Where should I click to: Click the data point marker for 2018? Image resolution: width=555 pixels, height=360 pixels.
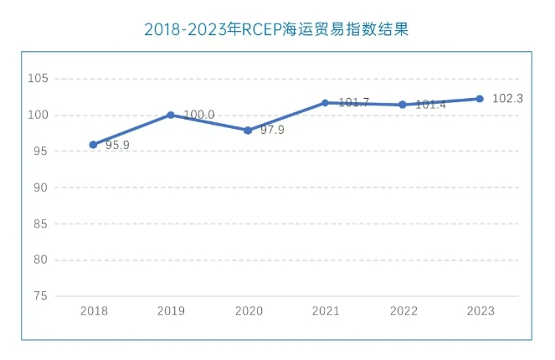tap(93, 145)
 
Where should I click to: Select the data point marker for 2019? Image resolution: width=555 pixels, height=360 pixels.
tap(171, 115)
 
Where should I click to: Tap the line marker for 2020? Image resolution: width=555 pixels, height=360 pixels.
tap(248, 131)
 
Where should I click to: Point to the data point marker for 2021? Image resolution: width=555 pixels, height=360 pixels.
tap(325, 103)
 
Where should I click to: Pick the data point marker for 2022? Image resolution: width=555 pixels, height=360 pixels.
tap(403, 105)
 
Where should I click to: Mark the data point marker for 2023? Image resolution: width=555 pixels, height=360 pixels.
tap(480, 99)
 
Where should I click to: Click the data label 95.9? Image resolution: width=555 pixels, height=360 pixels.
tap(117, 146)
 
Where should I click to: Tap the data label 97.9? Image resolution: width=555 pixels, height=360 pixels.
tap(272, 131)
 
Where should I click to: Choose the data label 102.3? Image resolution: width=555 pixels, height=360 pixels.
tap(508, 99)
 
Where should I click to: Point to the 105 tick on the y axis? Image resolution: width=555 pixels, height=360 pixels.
tap(39, 79)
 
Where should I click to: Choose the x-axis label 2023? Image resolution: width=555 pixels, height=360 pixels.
tap(480, 311)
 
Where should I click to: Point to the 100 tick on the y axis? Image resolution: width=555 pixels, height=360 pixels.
tap(39, 116)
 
